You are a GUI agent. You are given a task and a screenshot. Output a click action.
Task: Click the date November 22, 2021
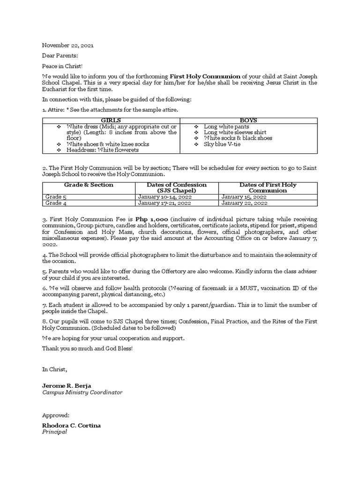[67, 45]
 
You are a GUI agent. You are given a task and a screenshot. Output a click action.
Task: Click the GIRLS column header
[111, 120]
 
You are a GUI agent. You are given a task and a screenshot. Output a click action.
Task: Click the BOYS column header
[248, 120]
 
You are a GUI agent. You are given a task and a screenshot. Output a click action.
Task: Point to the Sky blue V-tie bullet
[222, 144]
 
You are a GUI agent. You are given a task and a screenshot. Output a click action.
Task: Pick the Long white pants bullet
[226, 127]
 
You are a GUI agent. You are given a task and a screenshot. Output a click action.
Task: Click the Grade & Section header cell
[89, 185]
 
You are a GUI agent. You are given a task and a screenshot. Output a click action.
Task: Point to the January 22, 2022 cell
[245, 203]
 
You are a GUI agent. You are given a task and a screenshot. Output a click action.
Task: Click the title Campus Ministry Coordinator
[82, 392]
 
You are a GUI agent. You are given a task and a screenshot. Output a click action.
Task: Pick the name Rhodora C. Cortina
[71, 425]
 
